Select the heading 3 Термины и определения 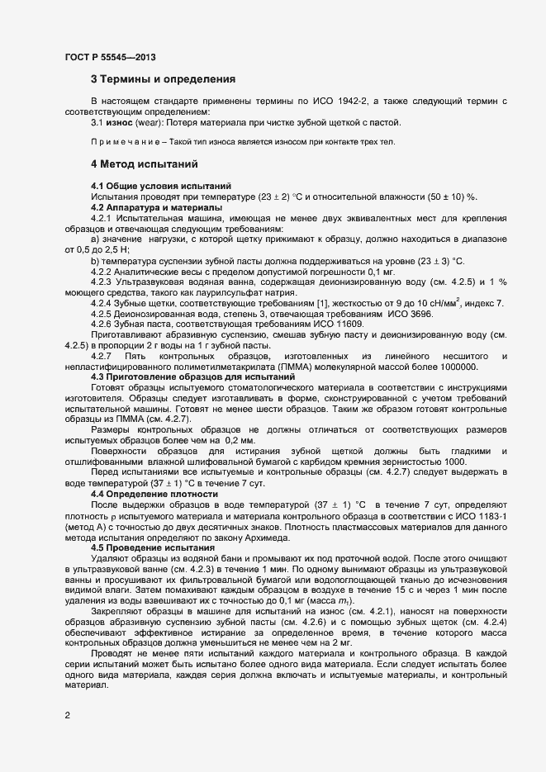[x=163, y=79]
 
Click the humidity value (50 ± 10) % [x=444, y=197]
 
